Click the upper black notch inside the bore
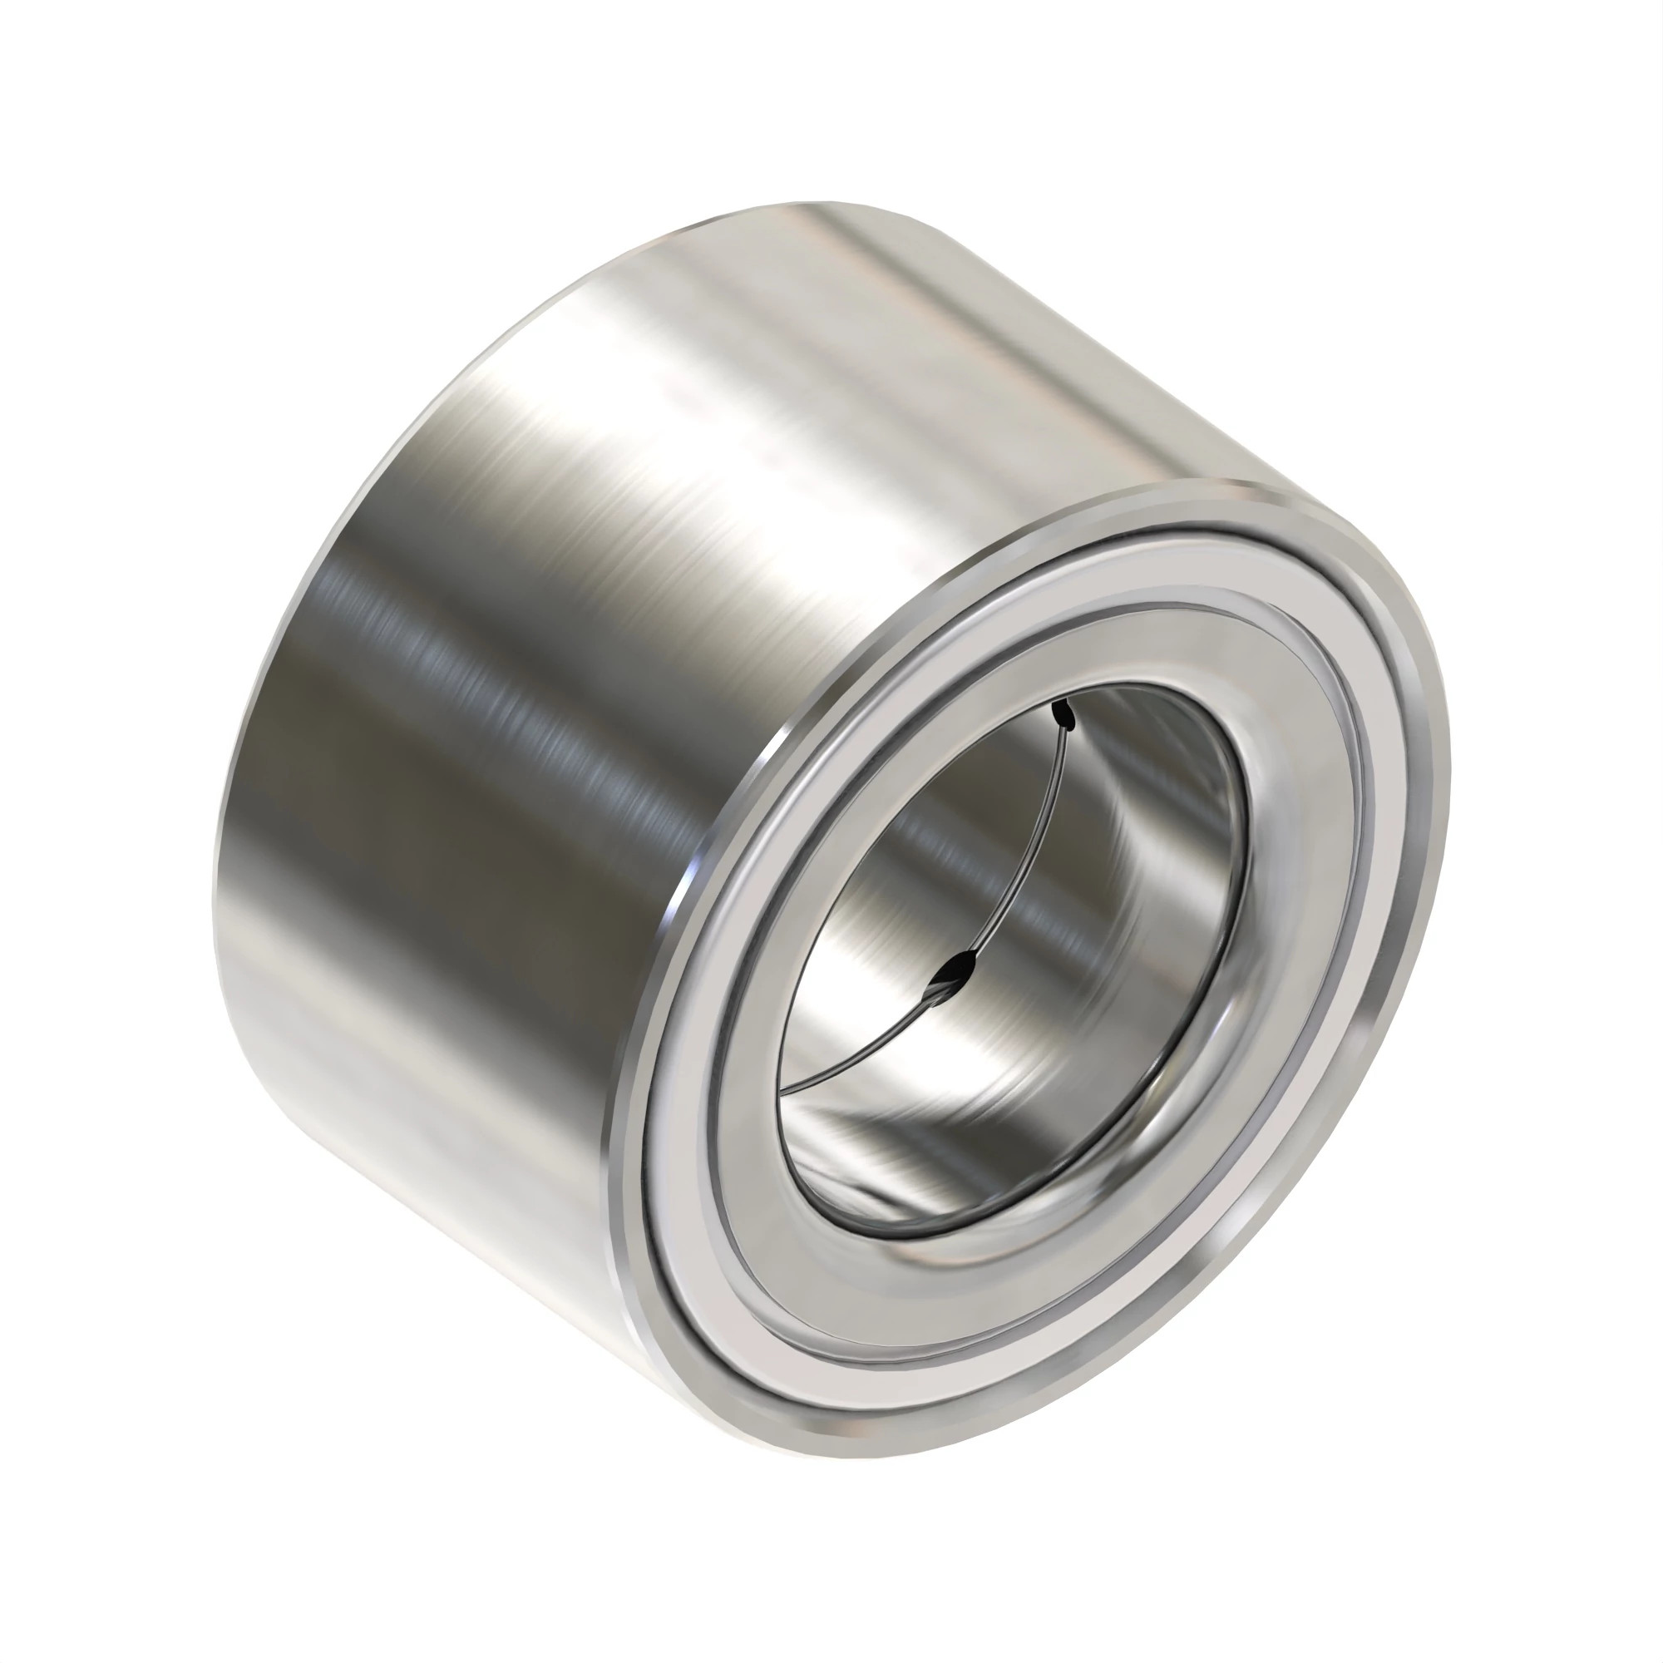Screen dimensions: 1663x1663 click(1065, 713)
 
